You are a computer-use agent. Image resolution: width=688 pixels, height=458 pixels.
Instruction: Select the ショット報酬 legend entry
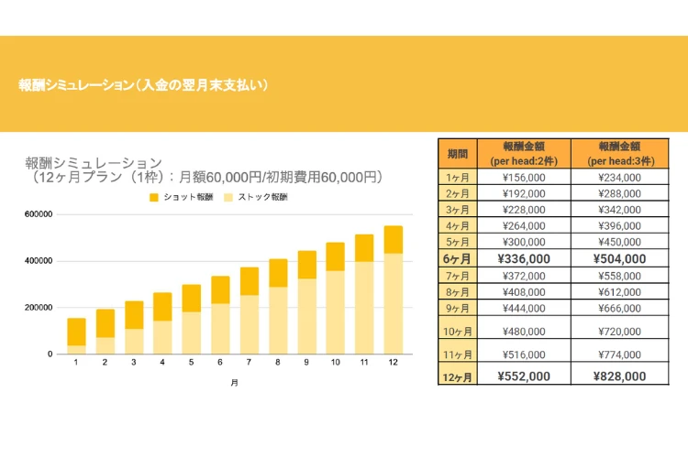[x=183, y=197]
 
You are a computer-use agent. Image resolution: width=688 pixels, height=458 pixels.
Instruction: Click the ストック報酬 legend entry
[x=256, y=197]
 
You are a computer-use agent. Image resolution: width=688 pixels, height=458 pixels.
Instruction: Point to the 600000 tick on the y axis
[x=39, y=214]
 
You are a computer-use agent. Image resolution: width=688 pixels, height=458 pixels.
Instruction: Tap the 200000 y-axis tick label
[x=39, y=308]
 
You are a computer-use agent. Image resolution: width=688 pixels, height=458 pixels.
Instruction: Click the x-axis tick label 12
[x=393, y=364]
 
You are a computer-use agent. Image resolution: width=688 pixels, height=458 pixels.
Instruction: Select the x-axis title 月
[x=234, y=383]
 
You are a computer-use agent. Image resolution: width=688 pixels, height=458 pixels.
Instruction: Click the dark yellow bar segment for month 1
[x=76, y=332]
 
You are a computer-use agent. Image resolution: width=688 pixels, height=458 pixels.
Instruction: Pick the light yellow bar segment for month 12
[x=393, y=303]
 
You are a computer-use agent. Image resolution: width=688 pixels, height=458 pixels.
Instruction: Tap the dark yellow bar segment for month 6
[x=220, y=289]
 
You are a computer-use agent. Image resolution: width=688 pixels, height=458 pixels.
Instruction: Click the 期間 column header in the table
[x=457, y=153]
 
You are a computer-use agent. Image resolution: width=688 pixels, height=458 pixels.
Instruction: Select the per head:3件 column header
[x=619, y=153]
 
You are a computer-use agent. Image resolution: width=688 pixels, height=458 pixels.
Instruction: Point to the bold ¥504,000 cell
[x=619, y=259]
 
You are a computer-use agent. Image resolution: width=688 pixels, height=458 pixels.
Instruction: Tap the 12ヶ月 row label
[x=457, y=376]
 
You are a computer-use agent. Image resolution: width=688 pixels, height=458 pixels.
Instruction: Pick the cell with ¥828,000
[x=619, y=376]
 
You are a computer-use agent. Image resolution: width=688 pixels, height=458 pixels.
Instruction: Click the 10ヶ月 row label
[x=457, y=330]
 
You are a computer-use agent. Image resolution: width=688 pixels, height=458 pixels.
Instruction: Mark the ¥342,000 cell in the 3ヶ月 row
[x=619, y=210]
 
